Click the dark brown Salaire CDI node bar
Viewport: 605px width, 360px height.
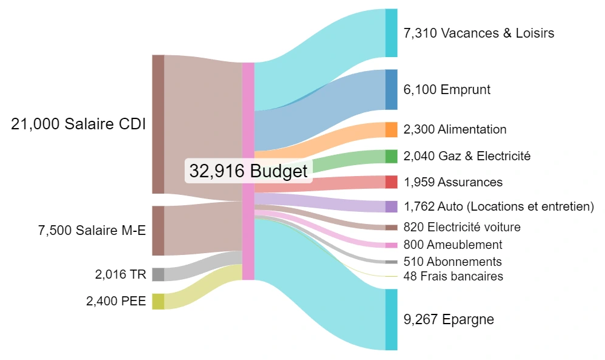(158, 124)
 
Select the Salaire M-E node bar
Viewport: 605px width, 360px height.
(158, 231)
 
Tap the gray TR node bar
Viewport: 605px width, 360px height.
(158, 274)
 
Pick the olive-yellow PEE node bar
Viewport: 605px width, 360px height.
(158, 301)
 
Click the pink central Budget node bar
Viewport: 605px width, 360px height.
(248, 171)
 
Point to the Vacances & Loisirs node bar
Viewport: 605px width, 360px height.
(391, 33)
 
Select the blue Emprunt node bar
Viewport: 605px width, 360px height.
(391, 89)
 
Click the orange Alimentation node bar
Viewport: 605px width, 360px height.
(391, 129)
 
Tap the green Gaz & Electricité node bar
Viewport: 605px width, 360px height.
(391, 156)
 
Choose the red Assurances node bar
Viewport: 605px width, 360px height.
(391, 182)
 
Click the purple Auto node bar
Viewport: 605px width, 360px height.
(391, 206)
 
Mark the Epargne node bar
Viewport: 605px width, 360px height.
(391, 319)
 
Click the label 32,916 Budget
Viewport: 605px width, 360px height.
(248, 171)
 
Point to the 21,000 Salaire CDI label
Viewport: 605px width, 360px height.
(78, 124)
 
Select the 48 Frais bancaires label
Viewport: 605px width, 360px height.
(453, 276)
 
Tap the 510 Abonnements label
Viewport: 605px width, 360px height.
(453, 262)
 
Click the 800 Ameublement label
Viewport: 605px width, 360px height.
(453, 245)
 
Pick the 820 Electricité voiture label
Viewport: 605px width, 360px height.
(462, 227)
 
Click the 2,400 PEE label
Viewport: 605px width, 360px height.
(116, 301)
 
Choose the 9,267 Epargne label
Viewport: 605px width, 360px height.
(449, 319)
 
